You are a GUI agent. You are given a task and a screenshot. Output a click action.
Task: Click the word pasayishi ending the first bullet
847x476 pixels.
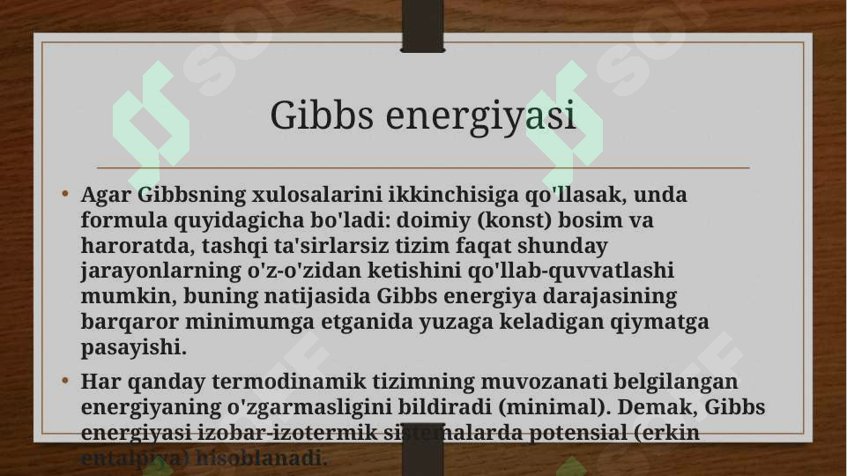(133, 347)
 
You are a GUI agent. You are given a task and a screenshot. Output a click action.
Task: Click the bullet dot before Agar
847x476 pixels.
(66, 194)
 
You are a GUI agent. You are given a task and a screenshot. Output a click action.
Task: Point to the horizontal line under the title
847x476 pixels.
(423, 167)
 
